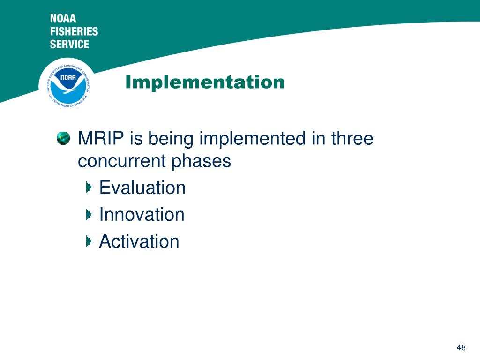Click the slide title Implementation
pos(205,82)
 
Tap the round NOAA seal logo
pos(68,83)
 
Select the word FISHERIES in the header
pos(74,31)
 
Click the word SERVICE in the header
pos(69,44)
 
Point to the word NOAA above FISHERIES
pos(63,18)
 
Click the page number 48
pos(461,347)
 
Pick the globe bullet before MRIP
pos(63,138)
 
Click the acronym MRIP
pos(101,138)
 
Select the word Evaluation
pos(142,187)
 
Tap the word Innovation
pos(142,214)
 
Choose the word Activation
pos(139,241)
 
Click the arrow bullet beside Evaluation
pos(89,187)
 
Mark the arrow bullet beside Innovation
pos(89,214)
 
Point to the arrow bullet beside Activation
pos(89,241)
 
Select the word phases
pos(201,162)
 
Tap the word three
pos(352,138)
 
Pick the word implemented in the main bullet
pos(253,139)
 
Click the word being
pos(171,139)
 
